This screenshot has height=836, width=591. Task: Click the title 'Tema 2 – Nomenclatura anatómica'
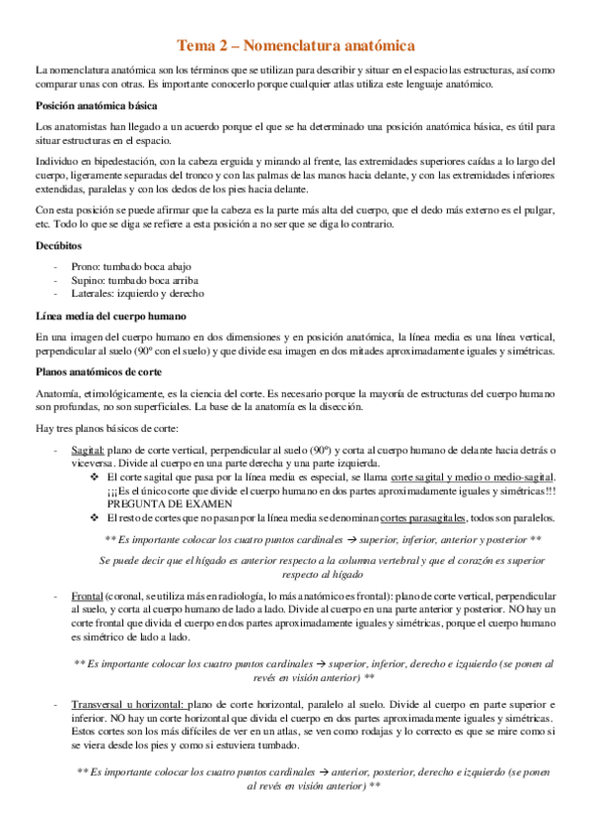(x=295, y=45)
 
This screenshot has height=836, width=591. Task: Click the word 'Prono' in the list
(x=86, y=266)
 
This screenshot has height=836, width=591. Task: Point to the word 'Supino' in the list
(x=88, y=280)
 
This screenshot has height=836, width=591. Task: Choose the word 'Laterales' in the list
(x=94, y=293)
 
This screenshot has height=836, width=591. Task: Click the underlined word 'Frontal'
(x=88, y=597)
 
